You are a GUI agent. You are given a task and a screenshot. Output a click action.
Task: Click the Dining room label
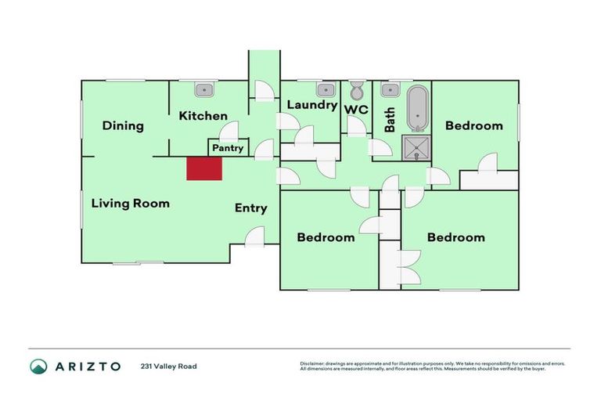click(123, 125)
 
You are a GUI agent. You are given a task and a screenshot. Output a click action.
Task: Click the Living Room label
click(130, 203)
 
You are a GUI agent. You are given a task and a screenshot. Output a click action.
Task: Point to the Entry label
click(251, 208)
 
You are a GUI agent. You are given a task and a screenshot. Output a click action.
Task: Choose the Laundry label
click(311, 105)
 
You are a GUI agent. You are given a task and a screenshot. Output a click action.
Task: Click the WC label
click(357, 110)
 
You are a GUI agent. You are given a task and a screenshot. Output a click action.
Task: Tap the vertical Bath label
click(390, 121)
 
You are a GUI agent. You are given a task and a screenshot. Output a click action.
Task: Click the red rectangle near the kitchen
click(205, 168)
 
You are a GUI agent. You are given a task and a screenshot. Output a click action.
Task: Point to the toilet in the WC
click(357, 89)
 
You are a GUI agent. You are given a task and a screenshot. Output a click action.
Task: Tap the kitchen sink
click(205, 89)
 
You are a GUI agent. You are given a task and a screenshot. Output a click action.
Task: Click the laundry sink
click(326, 89)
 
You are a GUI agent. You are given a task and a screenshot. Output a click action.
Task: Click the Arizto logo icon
click(38, 366)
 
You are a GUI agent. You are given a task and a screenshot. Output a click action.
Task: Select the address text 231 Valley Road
click(168, 366)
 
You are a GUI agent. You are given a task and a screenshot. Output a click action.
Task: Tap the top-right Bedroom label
click(473, 125)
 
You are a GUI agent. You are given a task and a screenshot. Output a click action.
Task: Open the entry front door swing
click(256, 236)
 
